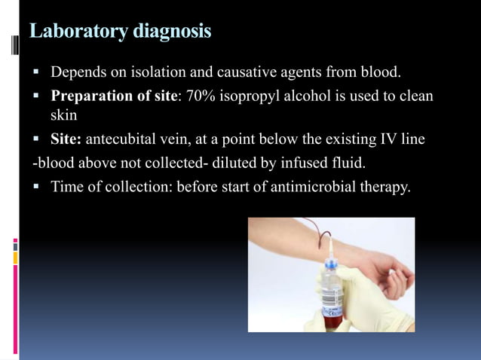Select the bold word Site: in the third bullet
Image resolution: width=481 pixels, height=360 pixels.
click(x=66, y=139)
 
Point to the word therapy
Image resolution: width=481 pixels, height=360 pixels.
click(x=384, y=185)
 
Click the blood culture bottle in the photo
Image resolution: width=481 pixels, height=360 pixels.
click(x=332, y=290)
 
